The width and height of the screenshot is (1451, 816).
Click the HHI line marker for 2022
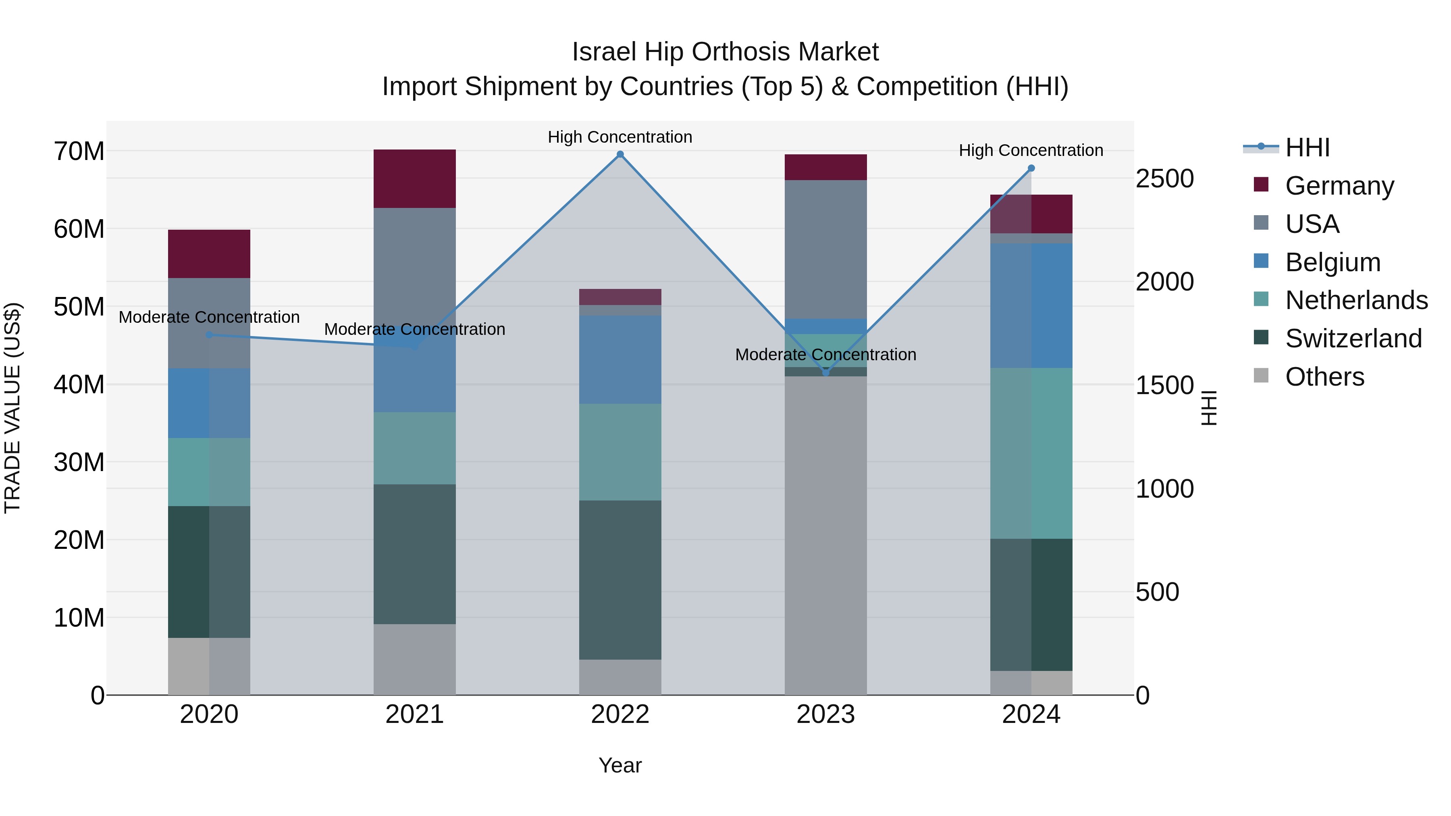620,154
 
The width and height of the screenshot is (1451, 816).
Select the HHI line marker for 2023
826,372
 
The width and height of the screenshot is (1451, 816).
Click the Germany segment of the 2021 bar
415,179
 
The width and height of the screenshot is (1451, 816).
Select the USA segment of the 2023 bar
826,249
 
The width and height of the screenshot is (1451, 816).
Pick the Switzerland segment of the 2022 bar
620,579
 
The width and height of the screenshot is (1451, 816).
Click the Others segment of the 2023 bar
826,535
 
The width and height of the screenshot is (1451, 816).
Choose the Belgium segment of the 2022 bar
620,359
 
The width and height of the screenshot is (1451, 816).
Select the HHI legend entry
1307,147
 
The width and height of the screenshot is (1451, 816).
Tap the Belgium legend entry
1332,262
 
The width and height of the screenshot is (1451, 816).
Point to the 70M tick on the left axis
79,152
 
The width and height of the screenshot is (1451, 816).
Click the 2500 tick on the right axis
1164,179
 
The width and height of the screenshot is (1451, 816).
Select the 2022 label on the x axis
620,714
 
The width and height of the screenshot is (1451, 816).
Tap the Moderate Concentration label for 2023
826,354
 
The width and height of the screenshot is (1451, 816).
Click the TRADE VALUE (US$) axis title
12,408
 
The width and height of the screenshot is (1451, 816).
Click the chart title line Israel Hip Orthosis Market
725,52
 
